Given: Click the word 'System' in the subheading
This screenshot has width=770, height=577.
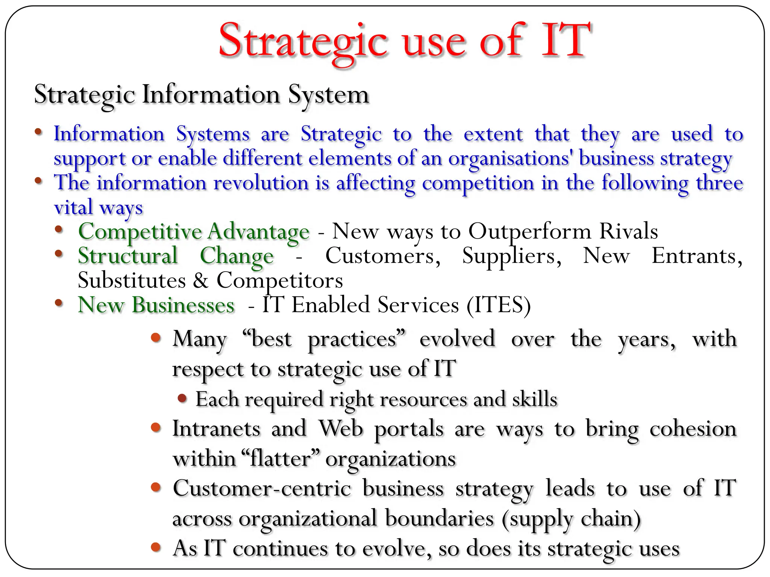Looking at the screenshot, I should (329, 95).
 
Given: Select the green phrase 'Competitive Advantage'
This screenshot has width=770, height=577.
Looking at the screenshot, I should (194, 231).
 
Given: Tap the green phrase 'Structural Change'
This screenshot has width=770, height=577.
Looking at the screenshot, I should (176, 256).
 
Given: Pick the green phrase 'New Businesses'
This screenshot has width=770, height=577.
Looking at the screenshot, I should (156, 305).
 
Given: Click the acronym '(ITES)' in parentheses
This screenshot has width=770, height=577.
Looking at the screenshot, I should (499, 305).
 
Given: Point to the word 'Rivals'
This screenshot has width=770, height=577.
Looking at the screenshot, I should (628, 231).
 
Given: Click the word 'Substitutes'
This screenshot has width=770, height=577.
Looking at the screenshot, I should (132, 281).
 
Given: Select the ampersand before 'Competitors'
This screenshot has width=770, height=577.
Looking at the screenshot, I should (201, 281).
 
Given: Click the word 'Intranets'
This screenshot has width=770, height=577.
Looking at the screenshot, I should (216, 429).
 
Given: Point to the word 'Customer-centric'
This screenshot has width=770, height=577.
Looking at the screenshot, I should (262, 488).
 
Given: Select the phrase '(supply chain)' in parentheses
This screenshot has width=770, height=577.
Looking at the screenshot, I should (571, 519).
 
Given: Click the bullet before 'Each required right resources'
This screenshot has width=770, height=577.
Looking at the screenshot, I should (182, 398).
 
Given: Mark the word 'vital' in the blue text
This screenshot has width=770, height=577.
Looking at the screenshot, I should (73, 207).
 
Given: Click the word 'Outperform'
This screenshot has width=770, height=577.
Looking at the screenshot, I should (529, 231).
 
